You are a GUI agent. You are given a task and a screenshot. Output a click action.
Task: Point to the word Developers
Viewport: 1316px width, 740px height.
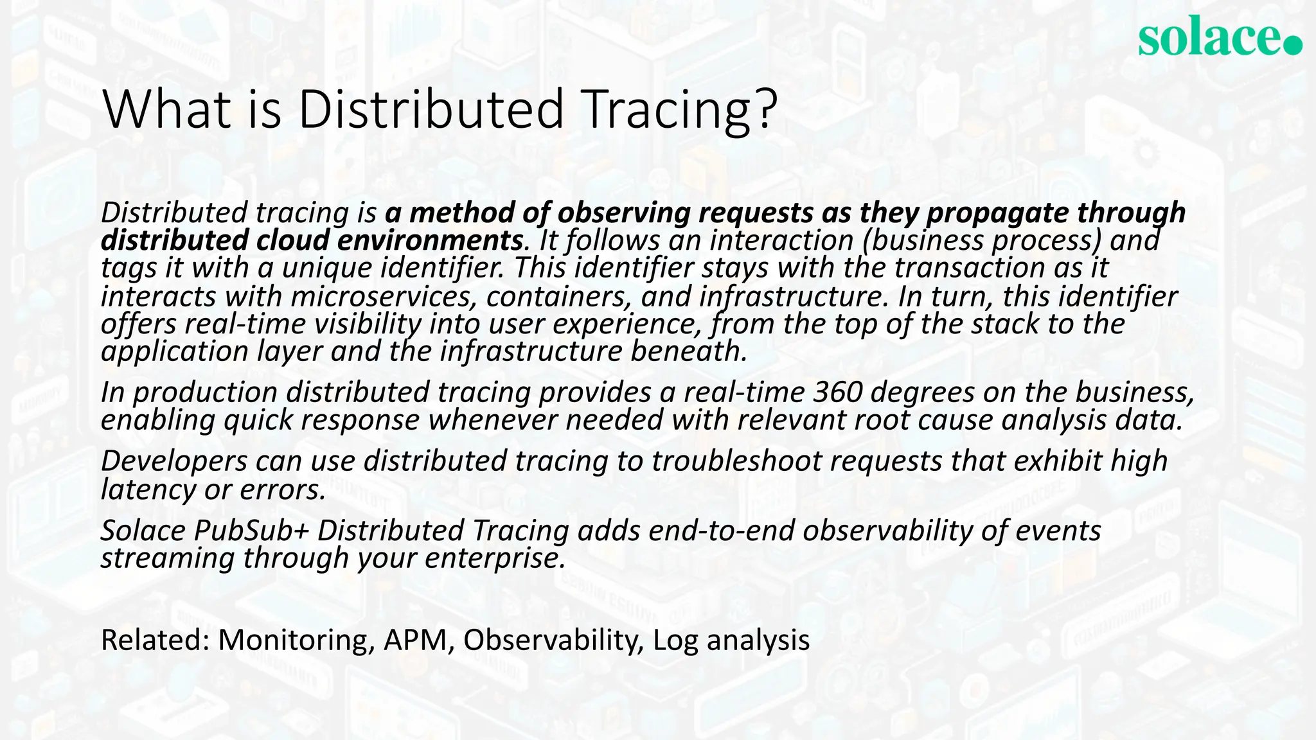click(174, 461)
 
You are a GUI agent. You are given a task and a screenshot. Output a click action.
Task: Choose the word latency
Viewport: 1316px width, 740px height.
click(147, 489)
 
